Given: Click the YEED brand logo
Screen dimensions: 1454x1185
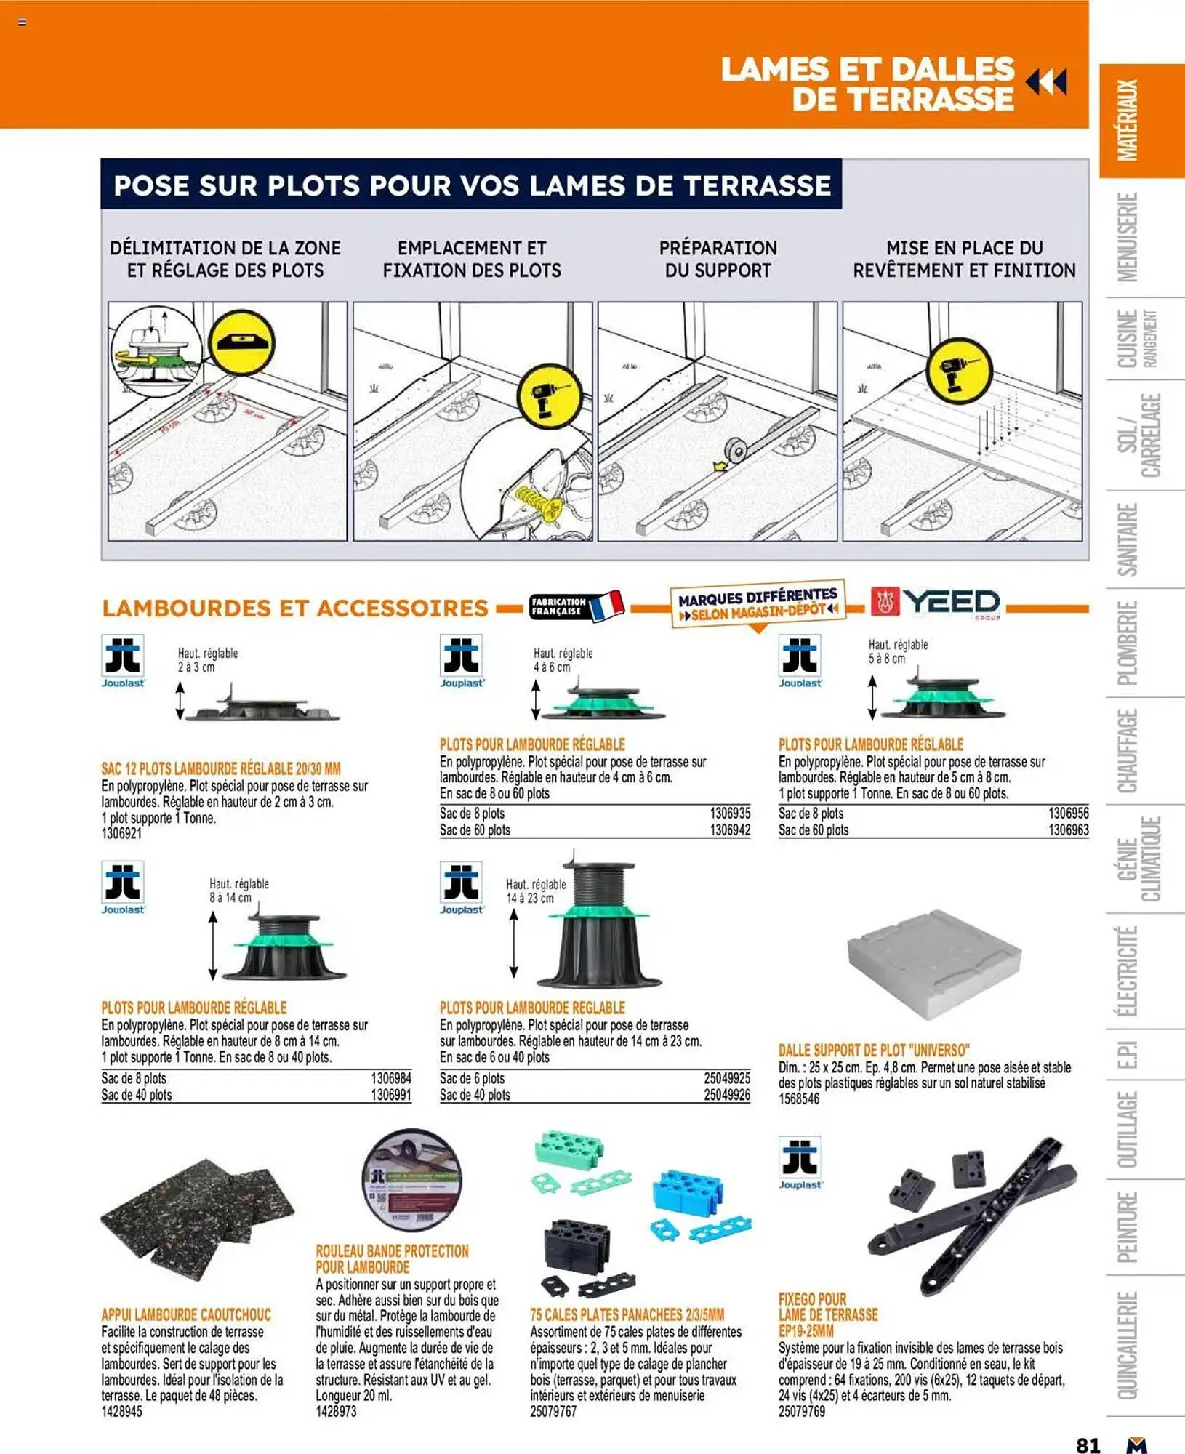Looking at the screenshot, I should coord(936,603).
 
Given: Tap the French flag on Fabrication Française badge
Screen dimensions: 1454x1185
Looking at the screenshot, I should coord(607,606).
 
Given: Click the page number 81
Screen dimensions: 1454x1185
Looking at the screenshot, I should coord(1088,1445).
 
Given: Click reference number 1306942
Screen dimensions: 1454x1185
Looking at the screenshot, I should coord(730,830).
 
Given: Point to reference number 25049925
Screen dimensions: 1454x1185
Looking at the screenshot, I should coord(726,1078).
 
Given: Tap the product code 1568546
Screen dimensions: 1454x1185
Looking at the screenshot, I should coord(799,1098).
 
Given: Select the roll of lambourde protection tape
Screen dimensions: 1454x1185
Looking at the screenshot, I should coord(411,1179).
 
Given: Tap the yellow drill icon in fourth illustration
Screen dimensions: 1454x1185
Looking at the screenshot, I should coord(959,369).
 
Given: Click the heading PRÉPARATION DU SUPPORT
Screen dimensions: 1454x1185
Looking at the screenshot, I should coord(718,259).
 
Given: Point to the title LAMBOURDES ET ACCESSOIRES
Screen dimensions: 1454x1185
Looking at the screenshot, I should coord(294,608).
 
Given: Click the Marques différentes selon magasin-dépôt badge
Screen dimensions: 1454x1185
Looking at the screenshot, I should coord(757,604).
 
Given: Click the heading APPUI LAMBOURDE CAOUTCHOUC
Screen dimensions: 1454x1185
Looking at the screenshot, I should coord(186,1314).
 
